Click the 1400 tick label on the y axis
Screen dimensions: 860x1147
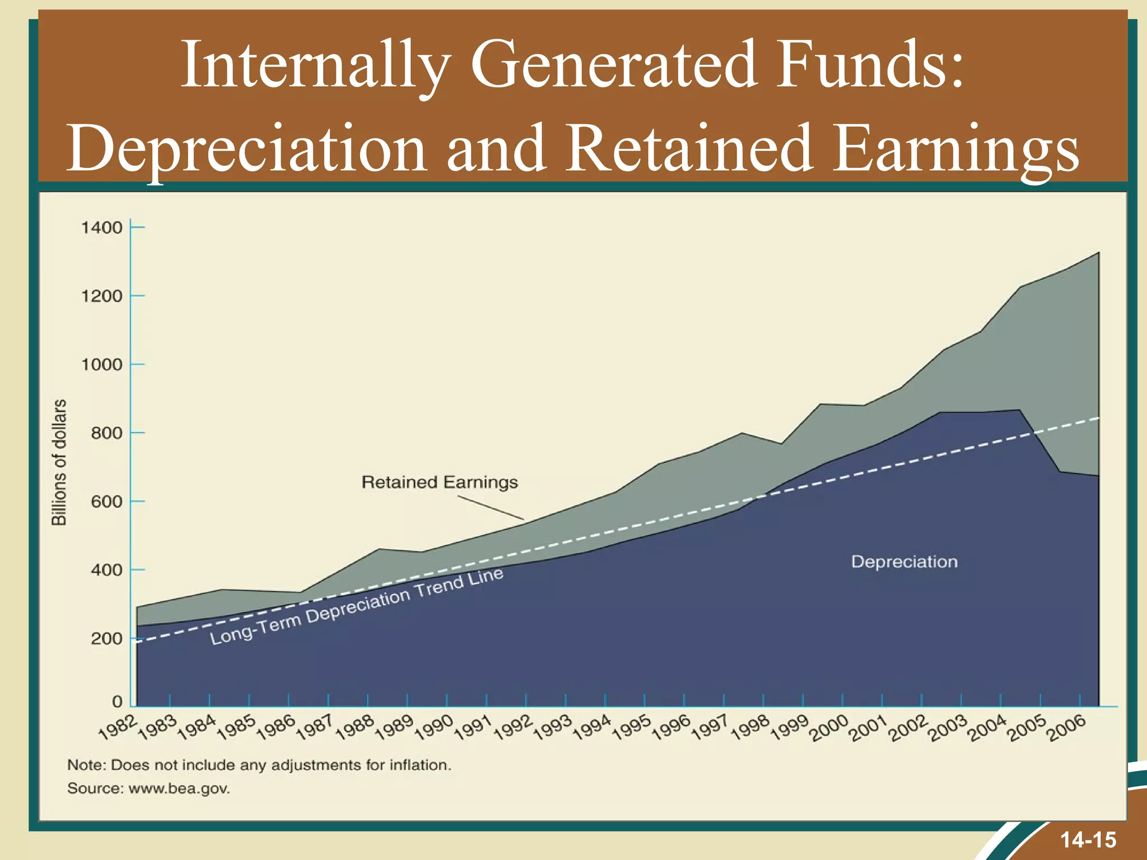pos(101,228)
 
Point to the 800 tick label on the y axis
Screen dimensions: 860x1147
pos(106,433)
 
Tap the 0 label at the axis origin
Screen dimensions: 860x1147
pos(117,702)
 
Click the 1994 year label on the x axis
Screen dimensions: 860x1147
pos(592,727)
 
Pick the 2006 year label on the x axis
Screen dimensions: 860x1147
pos(1067,728)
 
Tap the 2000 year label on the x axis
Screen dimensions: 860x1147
pos(829,728)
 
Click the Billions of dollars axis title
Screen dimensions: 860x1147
pos(59,462)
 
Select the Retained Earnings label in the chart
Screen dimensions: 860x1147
pos(440,482)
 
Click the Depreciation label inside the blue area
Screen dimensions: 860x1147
pos(904,562)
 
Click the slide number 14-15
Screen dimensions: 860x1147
pos(1088,840)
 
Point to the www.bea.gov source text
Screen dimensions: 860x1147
pos(179,789)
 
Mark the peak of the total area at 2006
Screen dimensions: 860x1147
pos(1098,253)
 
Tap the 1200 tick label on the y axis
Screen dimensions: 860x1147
pos(101,296)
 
